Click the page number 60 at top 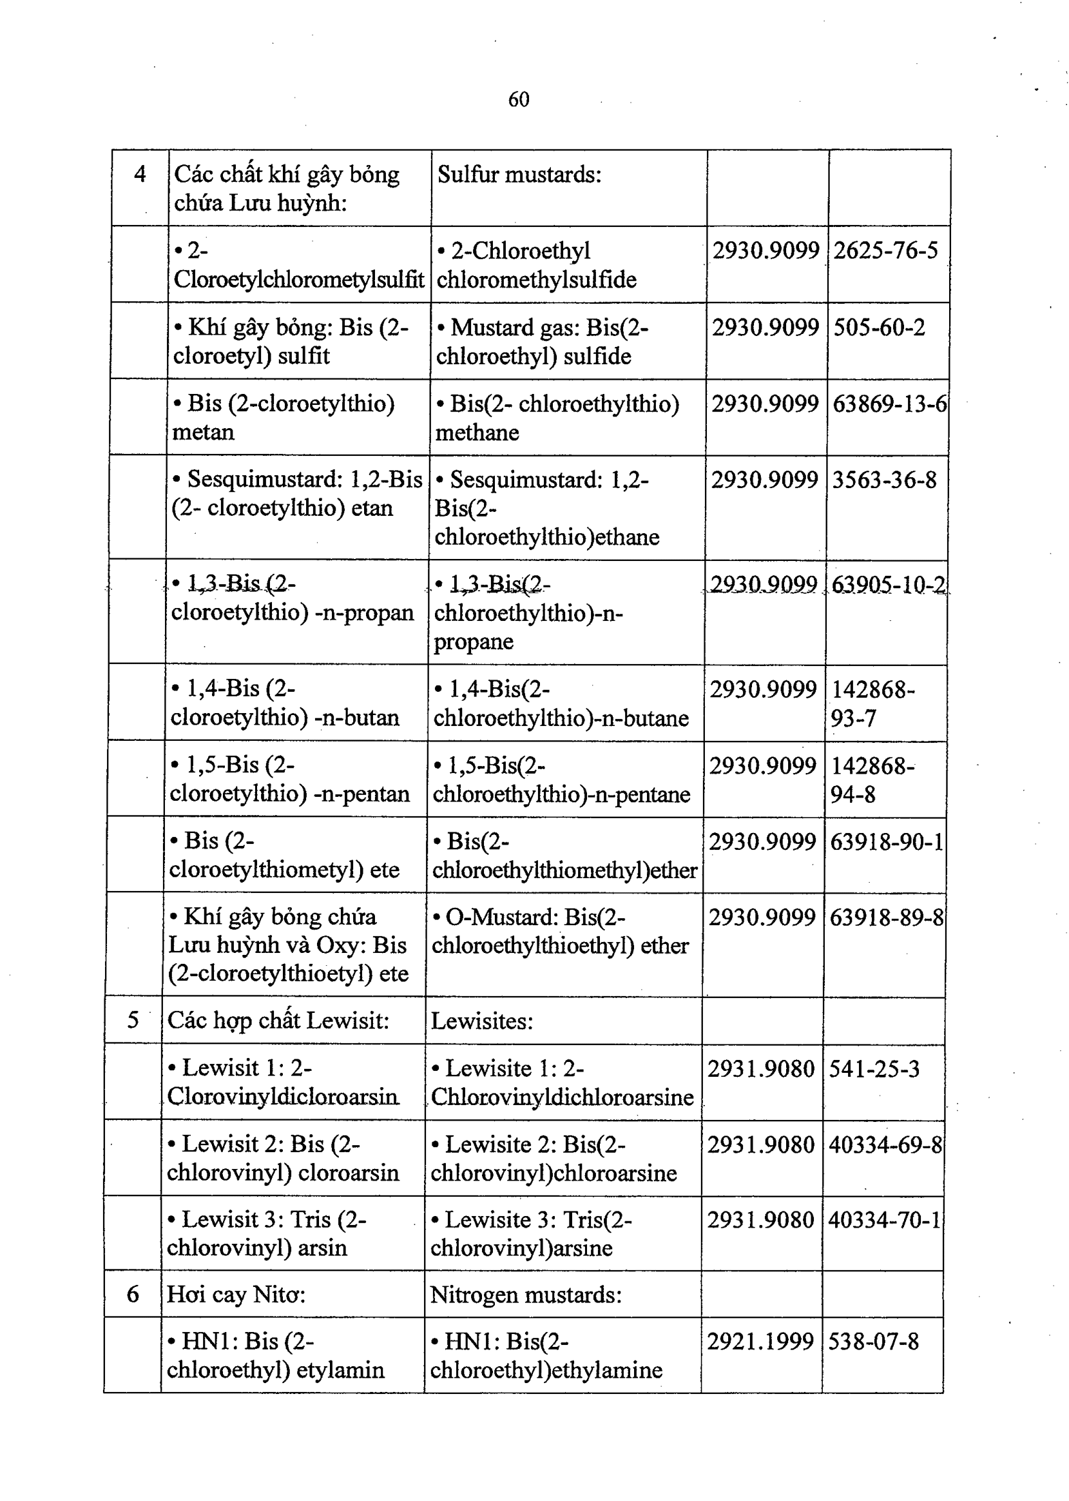(x=519, y=99)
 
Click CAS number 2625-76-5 (x=885, y=251)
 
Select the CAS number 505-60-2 (x=879, y=328)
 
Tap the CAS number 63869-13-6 (x=889, y=404)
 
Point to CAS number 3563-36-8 (x=884, y=480)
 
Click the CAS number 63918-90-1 (x=887, y=841)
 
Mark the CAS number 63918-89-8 (x=886, y=917)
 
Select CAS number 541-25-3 (x=874, y=1069)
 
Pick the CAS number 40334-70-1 (x=885, y=1220)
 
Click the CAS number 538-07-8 (x=873, y=1342)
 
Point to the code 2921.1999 (x=760, y=1342)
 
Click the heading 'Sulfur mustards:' (x=519, y=175)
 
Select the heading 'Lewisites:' (x=481, y=1021)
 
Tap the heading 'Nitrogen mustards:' (x=525, y=1295)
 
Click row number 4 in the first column (x=140, y=175)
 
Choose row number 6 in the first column (x=132, y=1295)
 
